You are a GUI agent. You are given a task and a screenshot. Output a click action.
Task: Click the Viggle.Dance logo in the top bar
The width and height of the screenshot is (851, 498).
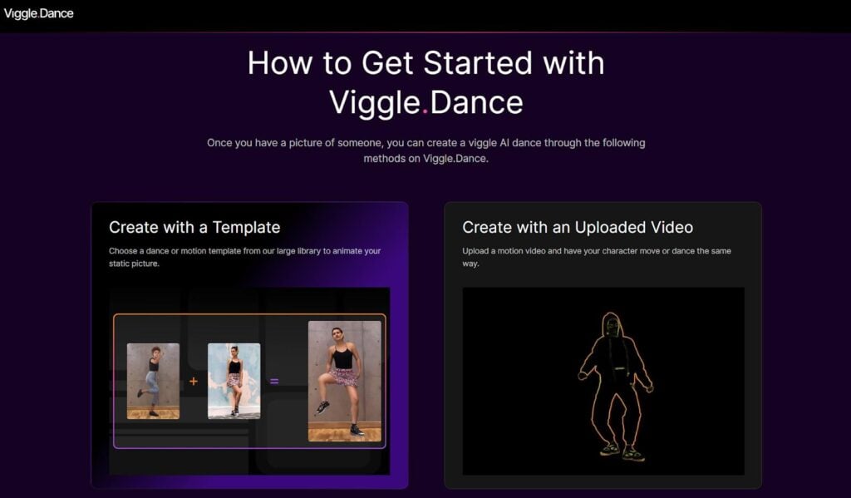tap(38, 13)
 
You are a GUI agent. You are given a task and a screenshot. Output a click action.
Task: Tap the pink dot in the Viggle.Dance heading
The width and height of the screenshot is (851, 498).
tap(425, 111)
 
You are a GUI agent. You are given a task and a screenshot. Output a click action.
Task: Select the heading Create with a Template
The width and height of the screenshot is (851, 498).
tap(194, 227)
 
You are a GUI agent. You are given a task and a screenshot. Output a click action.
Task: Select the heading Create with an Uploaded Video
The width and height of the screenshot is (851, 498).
tap(578, 227)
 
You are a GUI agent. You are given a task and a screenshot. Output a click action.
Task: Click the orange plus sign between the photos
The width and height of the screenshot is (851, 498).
tap(193, 382)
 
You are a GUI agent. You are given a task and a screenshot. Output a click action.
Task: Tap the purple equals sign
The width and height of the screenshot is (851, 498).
tap(274, 382)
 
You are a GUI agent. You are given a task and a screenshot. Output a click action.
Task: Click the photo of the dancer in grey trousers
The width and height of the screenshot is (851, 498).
tap(153, 381)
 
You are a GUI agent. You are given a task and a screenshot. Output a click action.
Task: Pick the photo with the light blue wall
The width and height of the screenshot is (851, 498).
tap(234, 381)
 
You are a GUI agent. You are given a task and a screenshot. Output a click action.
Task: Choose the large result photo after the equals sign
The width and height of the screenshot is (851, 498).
tap(345, 381)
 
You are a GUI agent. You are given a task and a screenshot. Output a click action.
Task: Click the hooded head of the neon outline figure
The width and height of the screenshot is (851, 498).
tap(612, 325)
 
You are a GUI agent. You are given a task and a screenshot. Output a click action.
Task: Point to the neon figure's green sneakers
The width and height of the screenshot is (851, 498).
tap(622, 451)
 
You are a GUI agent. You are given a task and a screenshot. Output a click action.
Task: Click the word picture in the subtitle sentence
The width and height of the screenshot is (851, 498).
tap(305, 143)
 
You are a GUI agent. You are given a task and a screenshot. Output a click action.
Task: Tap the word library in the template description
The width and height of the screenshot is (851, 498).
tap(307, 251)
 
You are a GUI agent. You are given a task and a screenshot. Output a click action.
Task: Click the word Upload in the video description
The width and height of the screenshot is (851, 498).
tap(475, 251)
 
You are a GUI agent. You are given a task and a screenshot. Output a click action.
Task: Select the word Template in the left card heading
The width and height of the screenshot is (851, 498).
tap(246, 227)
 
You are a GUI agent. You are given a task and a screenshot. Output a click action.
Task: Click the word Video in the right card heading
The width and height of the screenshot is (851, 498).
tap(671, 227)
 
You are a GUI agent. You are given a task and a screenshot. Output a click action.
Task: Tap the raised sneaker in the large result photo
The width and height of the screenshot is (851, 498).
tap(322, 407)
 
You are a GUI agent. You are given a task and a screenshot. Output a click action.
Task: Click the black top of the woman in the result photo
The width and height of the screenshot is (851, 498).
tap(343, 357)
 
